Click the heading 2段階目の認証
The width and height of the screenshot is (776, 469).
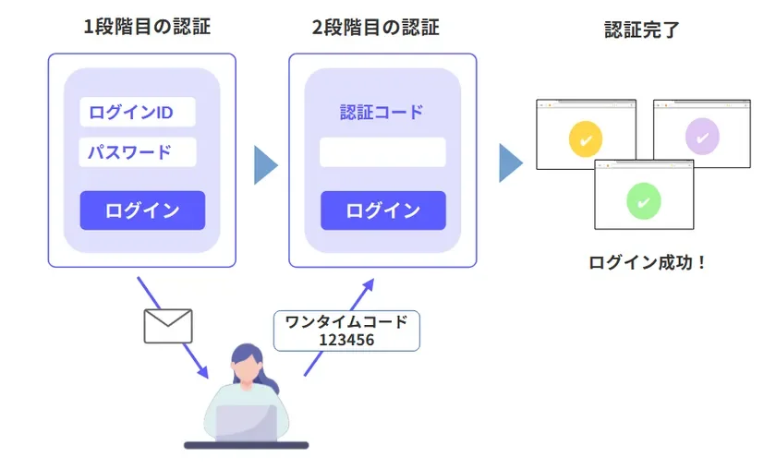tap(375, 27)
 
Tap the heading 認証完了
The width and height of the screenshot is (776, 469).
tap(642, 29)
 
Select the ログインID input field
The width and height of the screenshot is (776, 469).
tap(137, 113)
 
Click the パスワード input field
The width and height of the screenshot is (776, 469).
tap(137, 151)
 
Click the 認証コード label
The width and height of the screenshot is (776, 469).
tap(382, 113)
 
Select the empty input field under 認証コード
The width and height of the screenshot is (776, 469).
tap(382, 152)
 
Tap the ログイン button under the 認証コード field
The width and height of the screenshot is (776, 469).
tap(382, 210)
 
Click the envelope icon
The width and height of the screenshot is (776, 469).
tap(168, 326)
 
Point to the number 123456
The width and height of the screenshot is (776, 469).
tap(346, 340)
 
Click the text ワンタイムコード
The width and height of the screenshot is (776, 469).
tap(346, 322)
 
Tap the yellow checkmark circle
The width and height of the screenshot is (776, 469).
tap(586, 139)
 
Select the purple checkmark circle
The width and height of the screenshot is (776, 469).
tap(702, 138)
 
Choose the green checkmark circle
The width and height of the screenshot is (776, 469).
tap(644, 199)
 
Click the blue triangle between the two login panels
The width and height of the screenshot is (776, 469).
tap(264, 164)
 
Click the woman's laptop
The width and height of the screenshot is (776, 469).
tap(246, 424)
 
